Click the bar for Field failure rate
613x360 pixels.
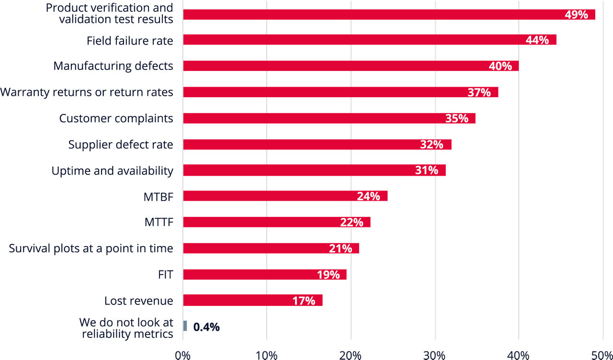click(369, 40)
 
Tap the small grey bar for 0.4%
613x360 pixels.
click(185, 326)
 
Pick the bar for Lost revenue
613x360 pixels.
click(252, 301)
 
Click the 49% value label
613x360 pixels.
click(576, 14)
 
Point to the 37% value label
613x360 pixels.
click(479, 92)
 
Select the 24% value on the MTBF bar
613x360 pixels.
click(368, 196)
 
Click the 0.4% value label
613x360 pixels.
click(206, 327)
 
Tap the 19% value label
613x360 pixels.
click(328, 275)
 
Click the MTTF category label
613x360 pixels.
click(159, 222)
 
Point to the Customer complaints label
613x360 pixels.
click(116, 118)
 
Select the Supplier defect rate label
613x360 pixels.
click(120, 144)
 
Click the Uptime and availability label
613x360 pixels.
click(112, 170)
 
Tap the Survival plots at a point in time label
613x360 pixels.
click(91, 248)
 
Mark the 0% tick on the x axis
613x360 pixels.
click(182, 355)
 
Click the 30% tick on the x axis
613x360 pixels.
click(435, 355)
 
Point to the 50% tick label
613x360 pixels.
click(602, 355)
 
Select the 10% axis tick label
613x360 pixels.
click(266, 355)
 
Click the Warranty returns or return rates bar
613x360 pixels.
click(341, 92)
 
